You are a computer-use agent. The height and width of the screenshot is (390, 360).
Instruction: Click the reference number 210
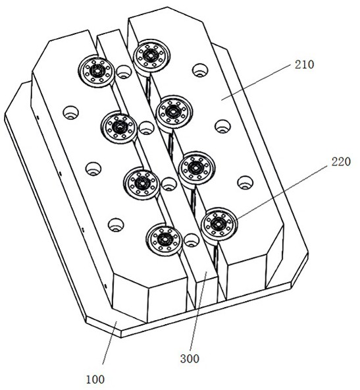click(x=304, y=65)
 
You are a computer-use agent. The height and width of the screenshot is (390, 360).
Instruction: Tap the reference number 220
click(x=341, y=162)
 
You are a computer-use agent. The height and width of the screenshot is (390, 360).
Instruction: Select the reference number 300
click(x=190, y=358)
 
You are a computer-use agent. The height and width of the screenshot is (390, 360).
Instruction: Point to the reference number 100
click(x=95, y=379)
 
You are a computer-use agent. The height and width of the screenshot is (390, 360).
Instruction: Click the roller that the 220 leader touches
click(x=219, y=224)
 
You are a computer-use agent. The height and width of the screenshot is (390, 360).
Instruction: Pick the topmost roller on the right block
click(x=151, y=56)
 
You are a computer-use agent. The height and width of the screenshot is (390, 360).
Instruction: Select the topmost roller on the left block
click(x=96, y=71)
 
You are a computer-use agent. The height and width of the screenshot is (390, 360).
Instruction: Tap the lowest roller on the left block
click(x=165, y=240)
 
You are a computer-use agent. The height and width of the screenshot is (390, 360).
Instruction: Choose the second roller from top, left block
click(x=119, y=127)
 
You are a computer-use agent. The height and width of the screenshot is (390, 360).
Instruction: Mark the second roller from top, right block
click(x=174, y=112)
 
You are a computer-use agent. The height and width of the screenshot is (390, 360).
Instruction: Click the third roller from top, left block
click(x=141, y=184)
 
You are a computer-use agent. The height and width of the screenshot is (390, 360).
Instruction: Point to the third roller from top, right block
click(x=197, y=168)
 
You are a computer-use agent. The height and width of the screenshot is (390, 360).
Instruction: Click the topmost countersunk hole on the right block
click(x=200, y=70)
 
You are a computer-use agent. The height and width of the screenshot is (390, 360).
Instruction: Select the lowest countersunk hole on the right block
click(x=245, y=183)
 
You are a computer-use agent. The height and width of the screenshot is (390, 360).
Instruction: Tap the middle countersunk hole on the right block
click(x=222, y=126)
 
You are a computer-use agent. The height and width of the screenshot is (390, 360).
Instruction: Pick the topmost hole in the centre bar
click(x=124, y=72)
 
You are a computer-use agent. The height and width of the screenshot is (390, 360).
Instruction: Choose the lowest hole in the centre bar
click(x=192, y=240)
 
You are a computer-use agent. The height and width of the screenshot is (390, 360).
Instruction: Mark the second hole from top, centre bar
click(x=146, y=128)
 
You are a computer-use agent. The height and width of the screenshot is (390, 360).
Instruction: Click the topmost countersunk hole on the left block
click(x=71, y=113)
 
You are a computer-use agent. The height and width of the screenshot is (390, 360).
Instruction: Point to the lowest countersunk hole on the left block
click(x=116, y=225)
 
